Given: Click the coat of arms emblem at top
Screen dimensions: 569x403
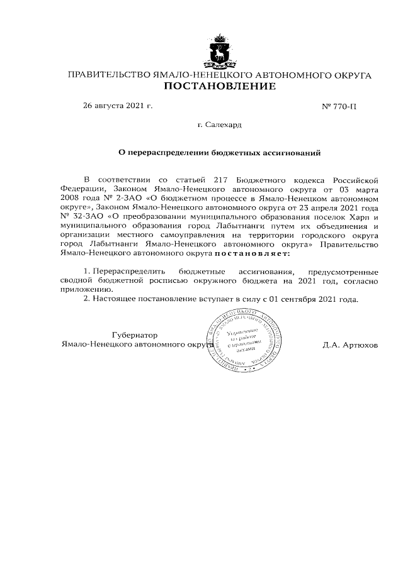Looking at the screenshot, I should pyautogui.click(x=220, y=53).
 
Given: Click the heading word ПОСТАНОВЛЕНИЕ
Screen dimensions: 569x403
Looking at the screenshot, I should pyautogui.click(x=220, y=87).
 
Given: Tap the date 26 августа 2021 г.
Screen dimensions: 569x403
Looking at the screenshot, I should pyautogui.click(x=118, y=105).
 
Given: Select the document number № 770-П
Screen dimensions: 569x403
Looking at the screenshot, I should pyautogui.click(x=339, y=106).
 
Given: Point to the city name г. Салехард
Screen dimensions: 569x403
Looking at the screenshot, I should pyautogui.click(x=220, y=125).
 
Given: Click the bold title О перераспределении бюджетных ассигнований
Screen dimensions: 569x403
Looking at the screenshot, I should pyautogui.click(x=220, y=152).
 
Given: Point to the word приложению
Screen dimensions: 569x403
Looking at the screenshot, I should pyautogui.click(x=83, y=289).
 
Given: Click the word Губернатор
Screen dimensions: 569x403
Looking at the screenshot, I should pyautogui.click(x=134, y=335).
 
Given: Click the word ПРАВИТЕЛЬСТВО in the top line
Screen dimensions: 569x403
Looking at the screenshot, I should pyautogui.click(x=109, y=75).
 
